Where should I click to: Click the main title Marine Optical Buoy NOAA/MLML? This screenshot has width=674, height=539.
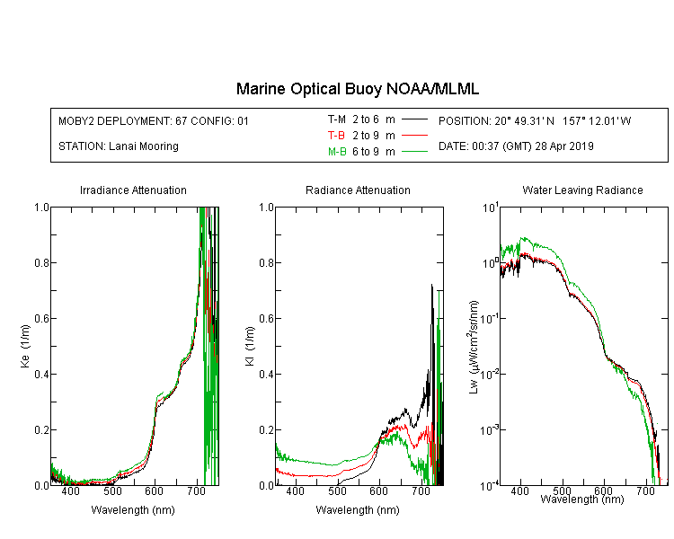tap(357, 89)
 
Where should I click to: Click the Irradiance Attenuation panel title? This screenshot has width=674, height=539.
tap(133, 190)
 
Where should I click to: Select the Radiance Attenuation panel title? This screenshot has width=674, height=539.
tap(358, 190)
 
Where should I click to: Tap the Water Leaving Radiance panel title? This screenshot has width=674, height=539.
tap(582, 190)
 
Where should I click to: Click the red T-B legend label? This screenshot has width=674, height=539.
tap(336, 136)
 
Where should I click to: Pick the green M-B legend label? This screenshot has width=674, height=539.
tap(337, 152)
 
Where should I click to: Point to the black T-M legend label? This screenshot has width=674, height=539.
tap(337, 119)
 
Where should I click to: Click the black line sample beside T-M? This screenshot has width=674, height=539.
tap(414, 119)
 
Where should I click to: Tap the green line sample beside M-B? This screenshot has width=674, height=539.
tap(414, 151)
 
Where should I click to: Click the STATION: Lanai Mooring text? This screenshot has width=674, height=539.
tap(119, 146)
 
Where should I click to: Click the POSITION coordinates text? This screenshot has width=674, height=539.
tap(535, 121)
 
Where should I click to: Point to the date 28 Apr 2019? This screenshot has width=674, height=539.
tap(564, 146)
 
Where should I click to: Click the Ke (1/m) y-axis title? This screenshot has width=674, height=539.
tap(25, 346)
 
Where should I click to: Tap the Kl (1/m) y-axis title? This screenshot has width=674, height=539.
tap(250, 347)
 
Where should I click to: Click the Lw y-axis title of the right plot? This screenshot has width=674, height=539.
tap(474, 347)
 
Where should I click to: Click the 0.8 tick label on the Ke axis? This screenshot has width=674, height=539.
tap(41, 262)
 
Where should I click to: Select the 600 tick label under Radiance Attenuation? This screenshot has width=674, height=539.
tap(378, 490)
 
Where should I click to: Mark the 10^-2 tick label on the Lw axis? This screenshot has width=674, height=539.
tap(490, 374)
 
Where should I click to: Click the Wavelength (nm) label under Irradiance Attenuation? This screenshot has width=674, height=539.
tap(133, 510)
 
